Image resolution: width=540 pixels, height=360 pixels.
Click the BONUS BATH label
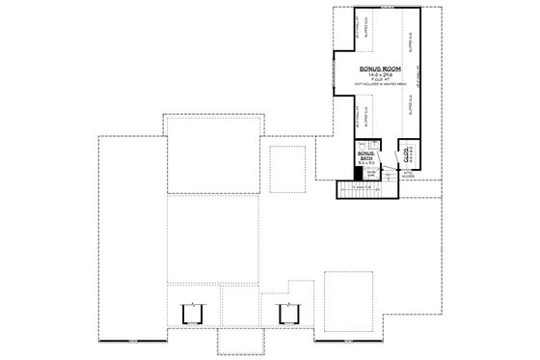[364, 155]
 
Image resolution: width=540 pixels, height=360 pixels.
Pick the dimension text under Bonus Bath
[364, 164]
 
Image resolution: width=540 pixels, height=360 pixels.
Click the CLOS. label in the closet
[410, 152]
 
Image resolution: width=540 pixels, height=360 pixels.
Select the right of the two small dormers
[285, 313]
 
